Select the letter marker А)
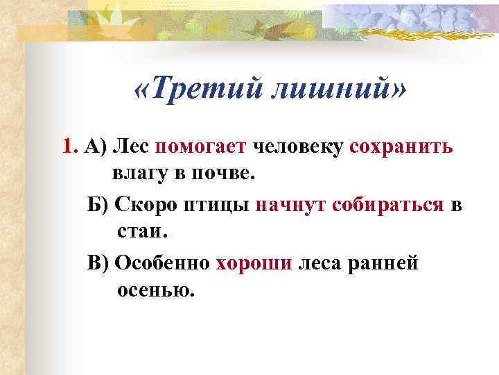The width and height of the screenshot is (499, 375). (94, 147)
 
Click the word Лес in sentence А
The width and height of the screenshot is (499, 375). (133, 147)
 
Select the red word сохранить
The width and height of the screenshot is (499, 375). (401, 147)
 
